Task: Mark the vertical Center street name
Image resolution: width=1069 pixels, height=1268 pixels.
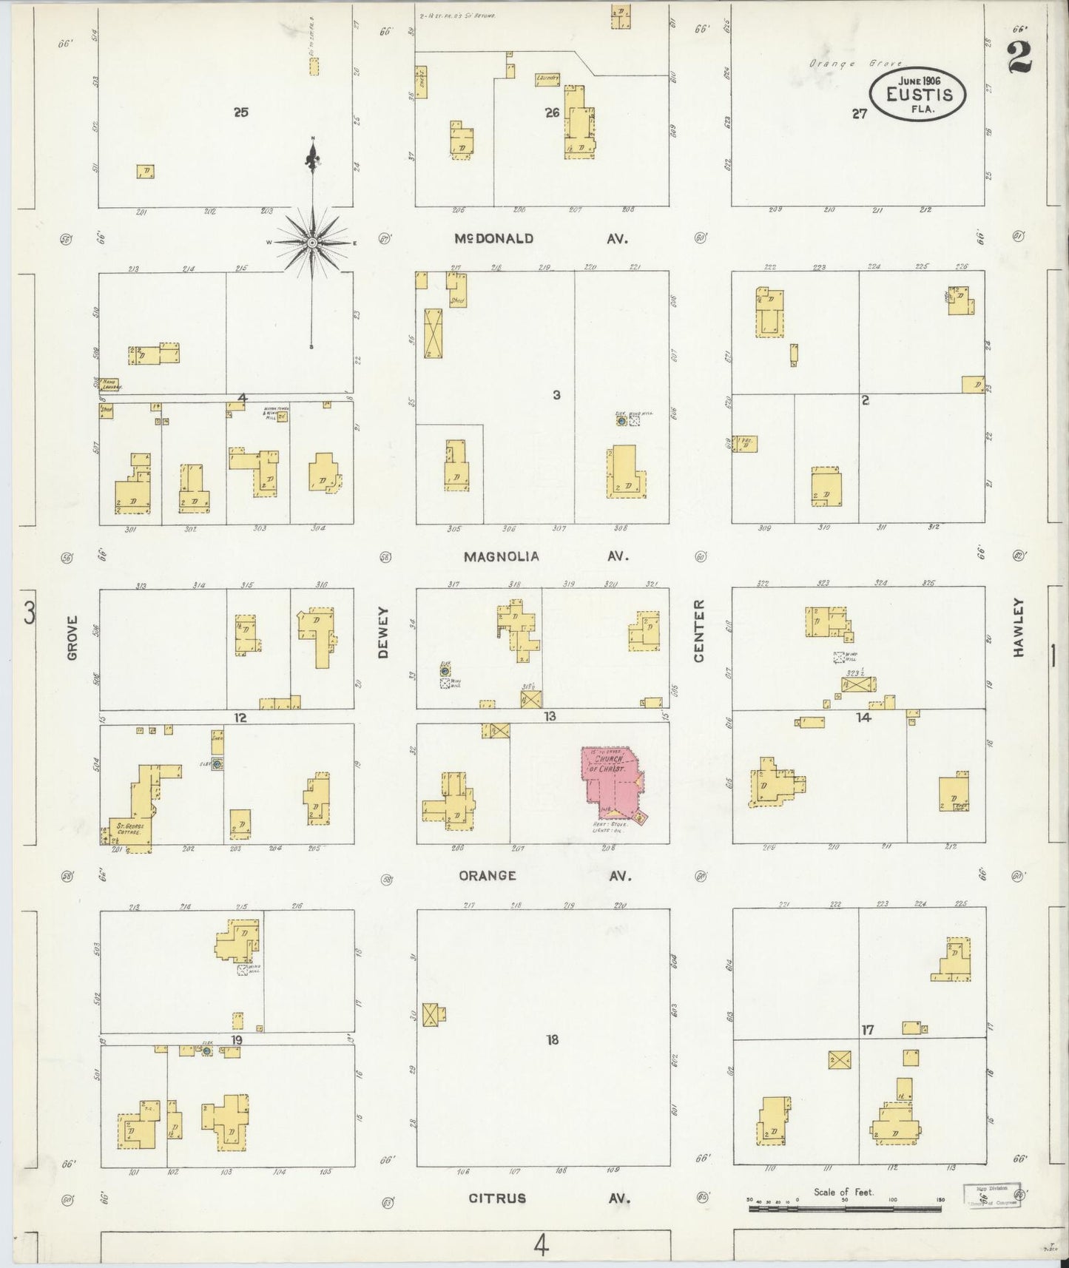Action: click(699, 630)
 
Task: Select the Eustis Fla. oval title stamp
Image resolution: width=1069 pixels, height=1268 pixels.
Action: click(917, 94)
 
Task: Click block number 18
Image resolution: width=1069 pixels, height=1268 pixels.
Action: click(552, 1039)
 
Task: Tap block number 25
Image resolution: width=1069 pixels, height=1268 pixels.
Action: click(240, 112)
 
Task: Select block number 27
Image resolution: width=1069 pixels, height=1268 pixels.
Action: click(858, 114)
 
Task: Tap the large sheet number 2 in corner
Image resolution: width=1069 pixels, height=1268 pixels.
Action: click(1020, 56)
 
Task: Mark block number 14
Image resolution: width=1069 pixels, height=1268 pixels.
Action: click(863, 717)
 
